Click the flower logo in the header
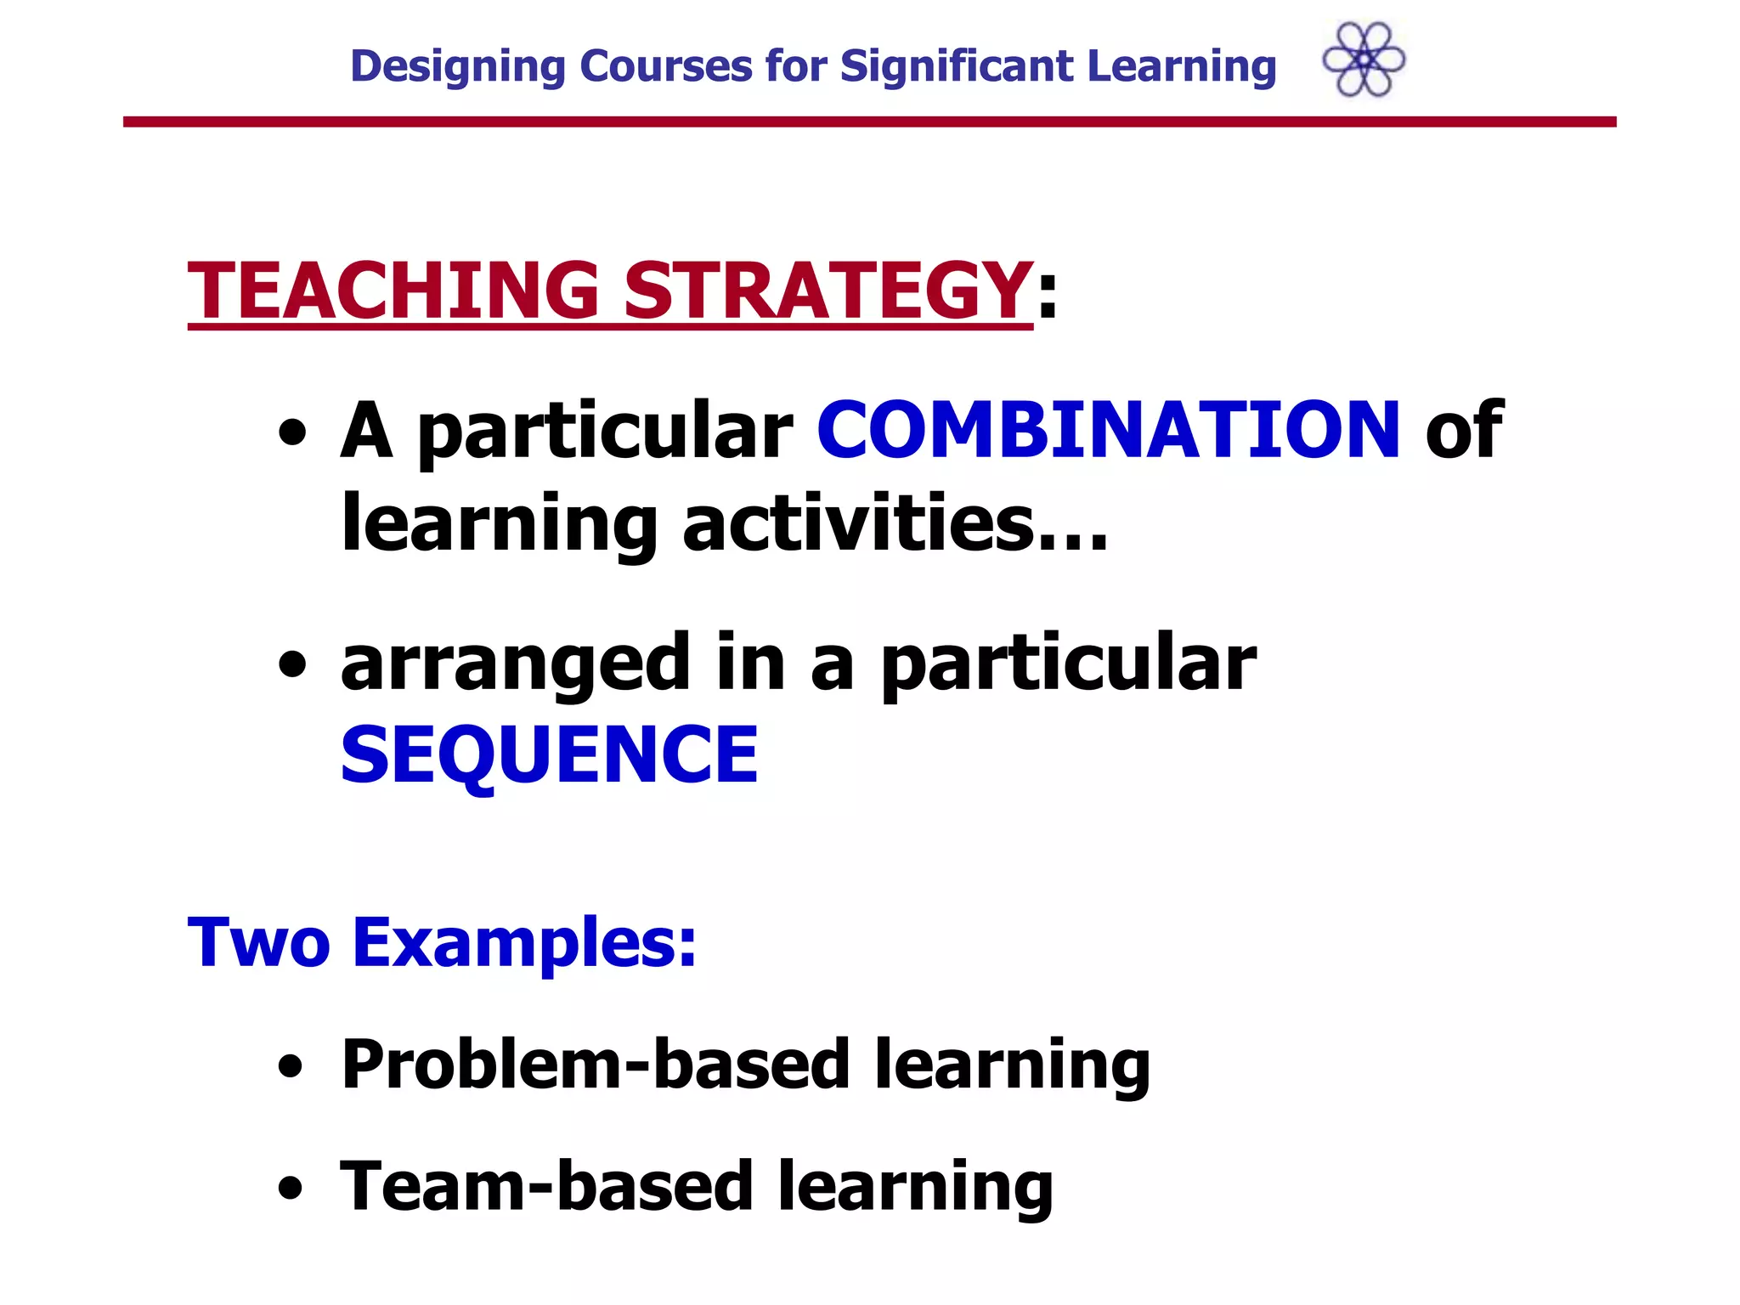(1364, 59)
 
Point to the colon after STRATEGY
(1048, 294)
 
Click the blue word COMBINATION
(1108, 431)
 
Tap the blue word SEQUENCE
(549, 754)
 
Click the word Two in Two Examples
(258, 942)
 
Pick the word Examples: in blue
(524, 942)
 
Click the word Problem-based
(595, 1065)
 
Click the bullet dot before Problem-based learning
(291, 1067)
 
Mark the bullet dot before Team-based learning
(291, 1189)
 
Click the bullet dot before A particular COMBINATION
(292, 434)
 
